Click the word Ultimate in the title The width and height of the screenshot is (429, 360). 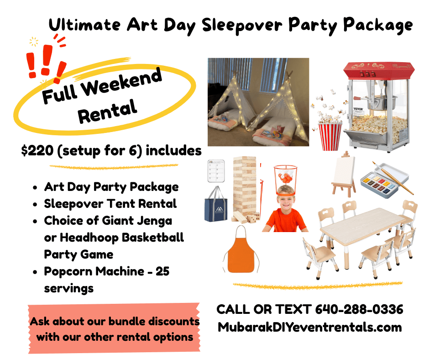84,25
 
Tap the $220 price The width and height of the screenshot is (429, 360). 37,151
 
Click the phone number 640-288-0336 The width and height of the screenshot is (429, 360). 359,309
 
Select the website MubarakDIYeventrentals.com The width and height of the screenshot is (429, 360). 310,327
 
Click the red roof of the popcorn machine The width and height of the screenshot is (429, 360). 379,70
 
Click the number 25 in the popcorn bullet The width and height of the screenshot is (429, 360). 162,271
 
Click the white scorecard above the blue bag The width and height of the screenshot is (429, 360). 216,171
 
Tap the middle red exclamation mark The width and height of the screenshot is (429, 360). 47,60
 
